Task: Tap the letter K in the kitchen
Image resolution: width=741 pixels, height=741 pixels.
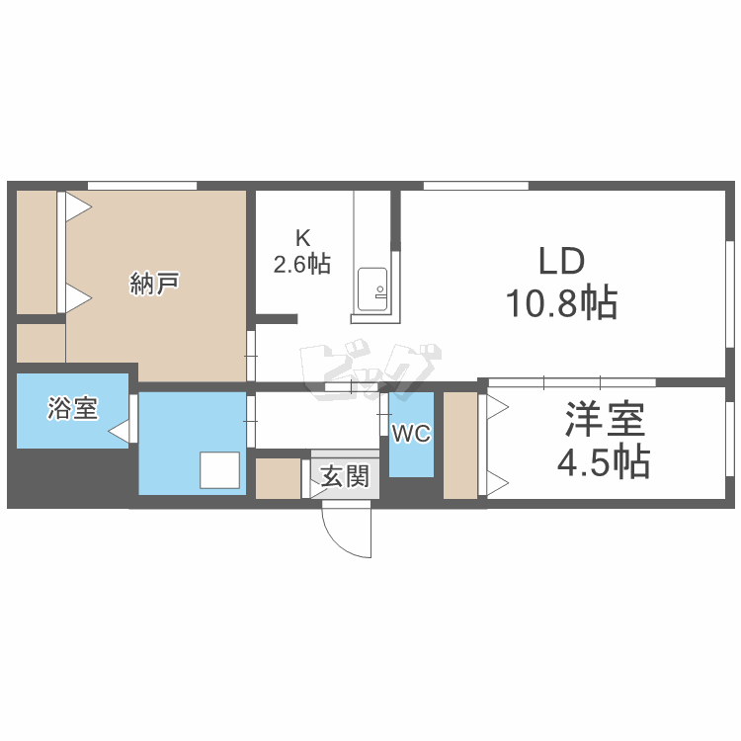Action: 302,237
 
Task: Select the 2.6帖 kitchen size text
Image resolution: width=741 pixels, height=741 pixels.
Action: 302,264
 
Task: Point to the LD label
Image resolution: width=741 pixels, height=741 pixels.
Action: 561,262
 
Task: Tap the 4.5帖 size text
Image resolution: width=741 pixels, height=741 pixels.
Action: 606,461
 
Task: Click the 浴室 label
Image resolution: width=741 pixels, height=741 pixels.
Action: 73,408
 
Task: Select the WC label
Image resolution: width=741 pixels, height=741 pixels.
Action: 411,435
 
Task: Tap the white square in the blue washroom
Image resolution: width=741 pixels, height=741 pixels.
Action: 219,470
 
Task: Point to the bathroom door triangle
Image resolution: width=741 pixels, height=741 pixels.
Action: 120,431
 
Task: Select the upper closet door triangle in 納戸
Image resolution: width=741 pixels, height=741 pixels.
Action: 78,207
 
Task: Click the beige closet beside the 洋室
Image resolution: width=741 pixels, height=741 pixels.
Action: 459,445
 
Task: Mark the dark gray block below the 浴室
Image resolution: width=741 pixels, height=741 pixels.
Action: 69,478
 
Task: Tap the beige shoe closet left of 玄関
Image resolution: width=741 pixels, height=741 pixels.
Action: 278,478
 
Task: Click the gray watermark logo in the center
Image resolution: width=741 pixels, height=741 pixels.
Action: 370,366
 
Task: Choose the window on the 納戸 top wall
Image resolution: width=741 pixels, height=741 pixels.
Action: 141,185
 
